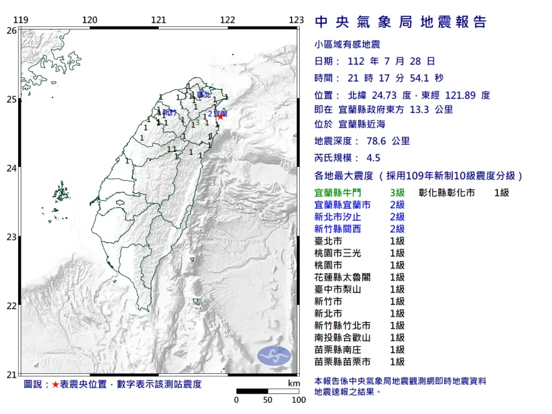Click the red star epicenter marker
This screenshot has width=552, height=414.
(220, 116)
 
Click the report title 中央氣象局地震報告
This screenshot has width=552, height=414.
(400, 23)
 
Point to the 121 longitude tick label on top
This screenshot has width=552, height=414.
(159, 20)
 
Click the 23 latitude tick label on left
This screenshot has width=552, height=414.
(11, 237)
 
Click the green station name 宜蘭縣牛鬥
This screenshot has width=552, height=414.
(342, 193)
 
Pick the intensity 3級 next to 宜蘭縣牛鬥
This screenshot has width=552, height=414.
(398, 193)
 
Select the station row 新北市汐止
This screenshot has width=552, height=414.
(342, 217)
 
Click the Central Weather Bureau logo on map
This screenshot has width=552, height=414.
(274, 355)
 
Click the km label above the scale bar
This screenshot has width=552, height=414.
(294, 383)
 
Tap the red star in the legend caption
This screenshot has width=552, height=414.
(55, 384)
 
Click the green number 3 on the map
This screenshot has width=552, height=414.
(197, 123)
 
